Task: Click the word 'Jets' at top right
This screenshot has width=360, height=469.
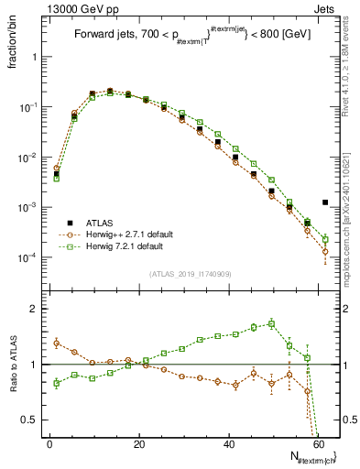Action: point(325,8)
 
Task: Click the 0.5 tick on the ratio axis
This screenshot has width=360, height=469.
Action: point(33,420)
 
